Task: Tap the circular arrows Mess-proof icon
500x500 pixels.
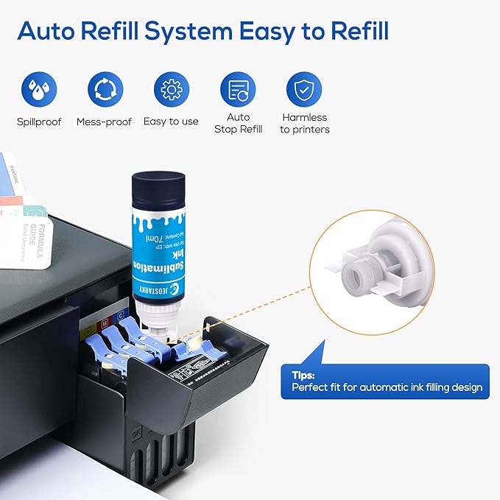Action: [x=104, y=89]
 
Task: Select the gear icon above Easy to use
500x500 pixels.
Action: [x=171, y=89]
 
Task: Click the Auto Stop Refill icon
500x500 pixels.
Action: [x=238, y=89]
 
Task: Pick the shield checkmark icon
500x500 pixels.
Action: [x=304, y=89]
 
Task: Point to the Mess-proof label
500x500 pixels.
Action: [x=104, y=122]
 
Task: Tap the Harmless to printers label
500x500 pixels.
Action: [x=304, y=123]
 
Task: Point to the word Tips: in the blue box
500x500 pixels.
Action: [x=303, y=374]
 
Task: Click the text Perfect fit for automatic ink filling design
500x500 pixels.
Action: [x=387, y=387]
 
